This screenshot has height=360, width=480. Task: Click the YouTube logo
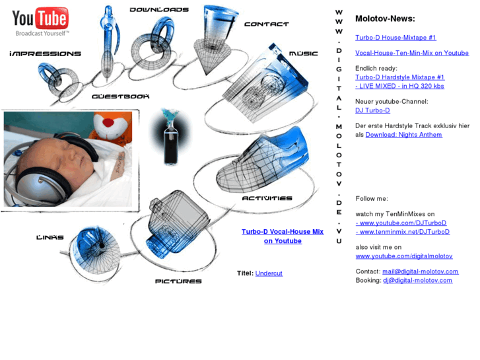(x=40, y=21)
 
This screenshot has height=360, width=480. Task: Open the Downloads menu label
(x=159, y=10)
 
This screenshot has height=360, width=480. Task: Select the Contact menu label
(x=267, y=24)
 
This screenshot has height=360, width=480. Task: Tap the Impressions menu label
(x=46, y=54)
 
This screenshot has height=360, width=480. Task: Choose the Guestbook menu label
(x=121, y=96)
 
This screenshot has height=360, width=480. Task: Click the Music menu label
(x=304, y=54)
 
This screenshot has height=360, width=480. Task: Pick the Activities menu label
(x=267, y=198)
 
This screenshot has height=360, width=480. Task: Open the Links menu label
(x=50, y=237)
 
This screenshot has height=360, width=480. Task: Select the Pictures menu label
(x=178, y=281)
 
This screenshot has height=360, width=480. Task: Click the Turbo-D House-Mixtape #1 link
(x=395, y=38)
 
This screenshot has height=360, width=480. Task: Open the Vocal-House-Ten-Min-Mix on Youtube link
(x=412, y=53)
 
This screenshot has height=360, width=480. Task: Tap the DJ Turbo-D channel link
(x=372, y=110)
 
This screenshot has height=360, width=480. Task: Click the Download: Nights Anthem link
(x=404, y=135)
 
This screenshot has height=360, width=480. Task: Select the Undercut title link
(x=269, y=273)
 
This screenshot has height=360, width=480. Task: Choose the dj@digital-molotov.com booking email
(x=417, y=280)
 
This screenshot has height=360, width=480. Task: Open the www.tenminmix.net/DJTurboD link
(x=403, y=232)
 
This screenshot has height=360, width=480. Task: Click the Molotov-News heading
(x=385, y=18)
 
